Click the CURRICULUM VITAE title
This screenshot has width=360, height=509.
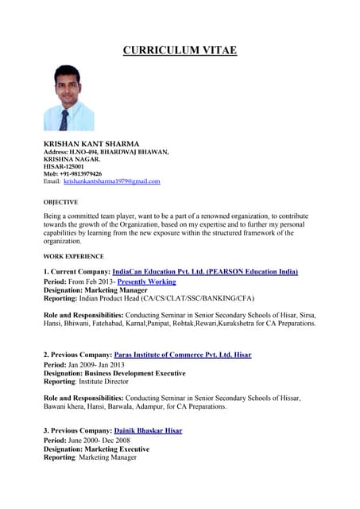[180, 51]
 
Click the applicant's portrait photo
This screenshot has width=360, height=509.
[68, 98]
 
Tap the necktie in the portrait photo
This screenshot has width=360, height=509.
[64, 119]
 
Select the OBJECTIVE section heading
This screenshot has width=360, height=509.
[60, 202]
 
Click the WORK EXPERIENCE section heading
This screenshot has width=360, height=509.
[73, 256]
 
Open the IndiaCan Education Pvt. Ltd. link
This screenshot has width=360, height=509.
[205, 272]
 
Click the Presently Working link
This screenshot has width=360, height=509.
[146, 282]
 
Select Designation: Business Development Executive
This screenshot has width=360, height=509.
[114, 373]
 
